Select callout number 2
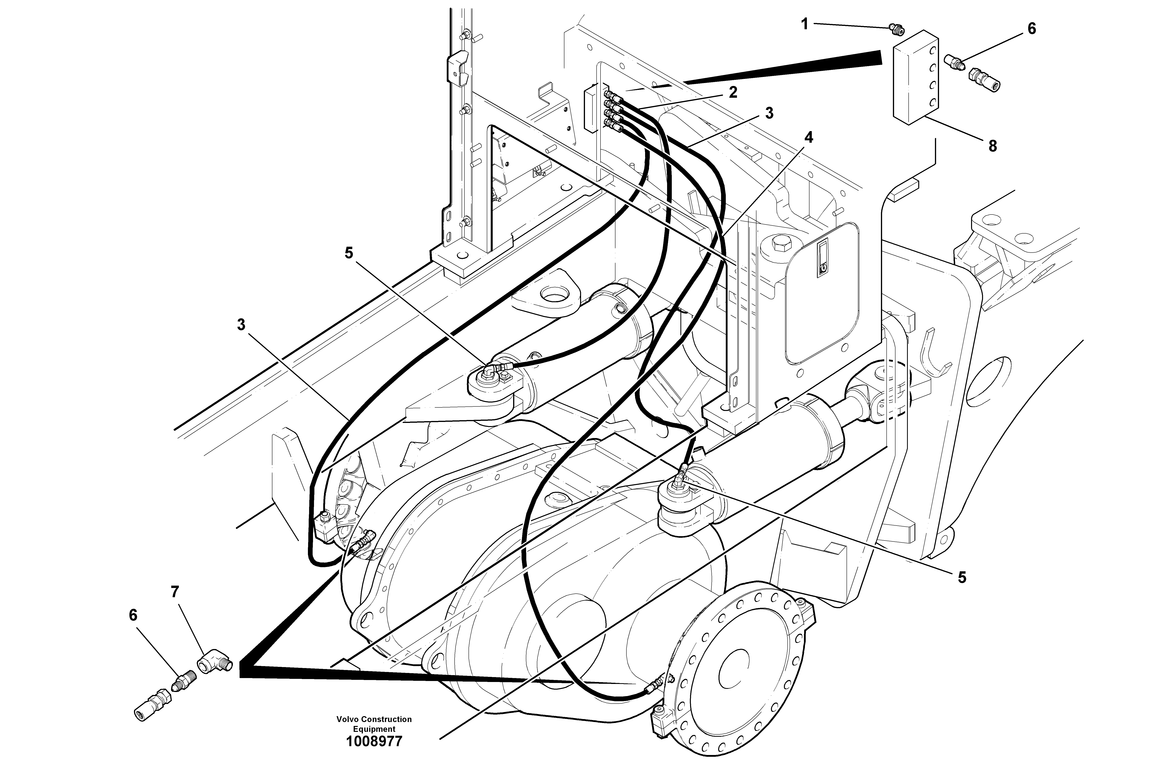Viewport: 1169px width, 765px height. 733,92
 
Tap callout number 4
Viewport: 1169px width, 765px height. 808,138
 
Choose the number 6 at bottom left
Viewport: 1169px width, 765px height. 133,615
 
